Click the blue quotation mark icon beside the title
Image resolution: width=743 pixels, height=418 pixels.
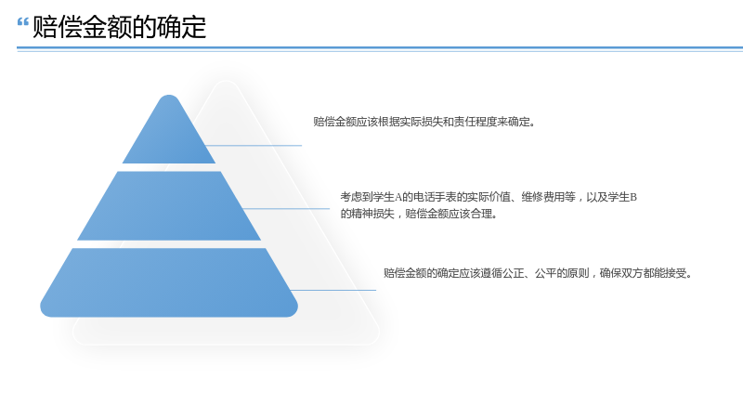tap(22, 21)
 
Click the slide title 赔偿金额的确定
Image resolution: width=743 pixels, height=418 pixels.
tap(120, 27)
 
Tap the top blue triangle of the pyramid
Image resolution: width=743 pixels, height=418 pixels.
tap(169, 129)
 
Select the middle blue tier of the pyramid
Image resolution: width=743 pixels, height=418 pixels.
tap(169, 205)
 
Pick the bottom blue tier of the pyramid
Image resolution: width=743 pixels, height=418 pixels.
tap(169, 282)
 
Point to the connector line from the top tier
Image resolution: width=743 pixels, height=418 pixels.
tap(254, 146)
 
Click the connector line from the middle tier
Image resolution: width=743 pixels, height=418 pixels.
tap(286, 208)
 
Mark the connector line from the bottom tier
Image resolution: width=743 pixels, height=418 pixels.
tap(333, 290)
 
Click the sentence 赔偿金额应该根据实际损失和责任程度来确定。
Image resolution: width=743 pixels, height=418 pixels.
tap(424, 122)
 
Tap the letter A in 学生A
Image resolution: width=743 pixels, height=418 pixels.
tap(398, 197)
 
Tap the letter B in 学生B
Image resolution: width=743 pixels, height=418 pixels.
tap(633, 197)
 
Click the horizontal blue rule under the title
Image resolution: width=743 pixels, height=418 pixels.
tap(380, 48)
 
